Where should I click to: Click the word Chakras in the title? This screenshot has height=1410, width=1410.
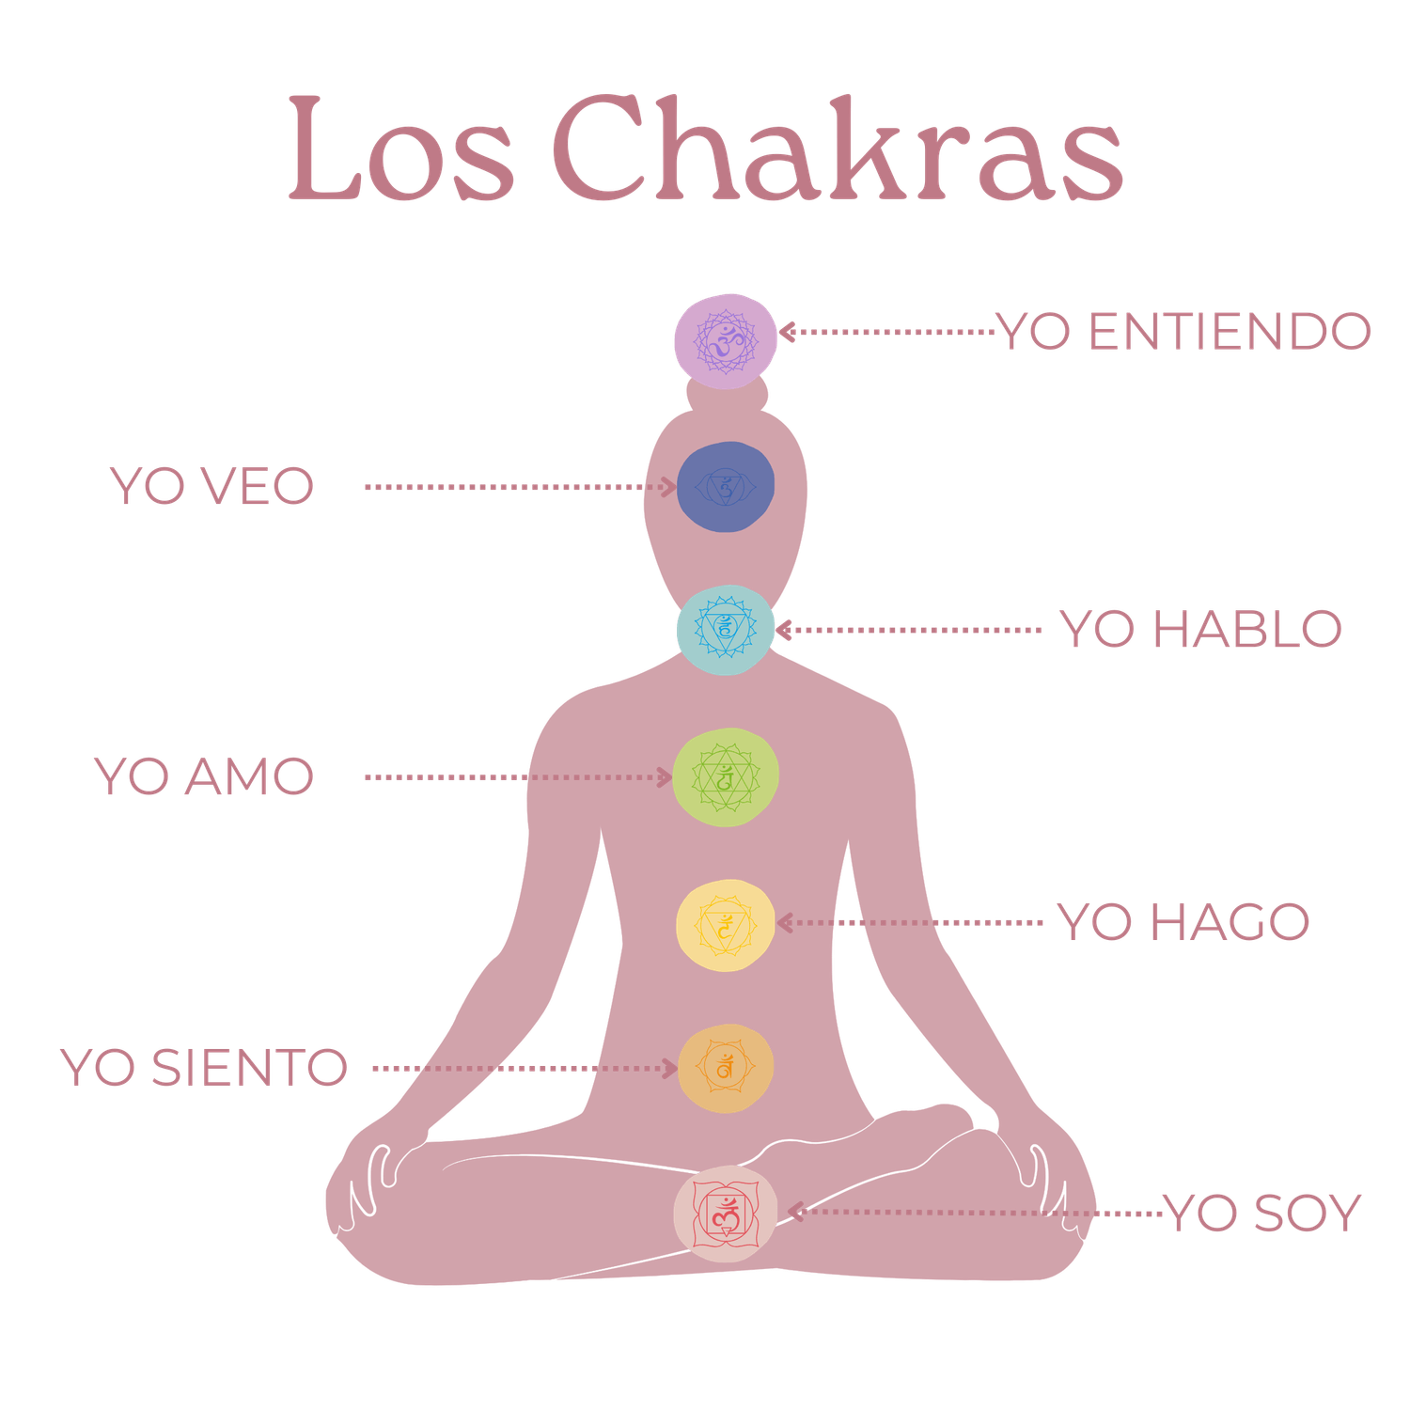pos(837,150)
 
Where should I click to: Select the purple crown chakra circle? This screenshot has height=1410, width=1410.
pos(726,339)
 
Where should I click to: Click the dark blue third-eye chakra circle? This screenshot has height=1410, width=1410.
pos(725,486)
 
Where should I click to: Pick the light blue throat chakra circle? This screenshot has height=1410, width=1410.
pos(725,629)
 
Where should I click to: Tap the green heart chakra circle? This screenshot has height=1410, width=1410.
pos(725,776)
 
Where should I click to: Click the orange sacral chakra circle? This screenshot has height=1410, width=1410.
pos(725,1069)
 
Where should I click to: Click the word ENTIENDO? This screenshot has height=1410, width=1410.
pos(1230,331)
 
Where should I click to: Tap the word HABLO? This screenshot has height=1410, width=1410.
pos(1247,629)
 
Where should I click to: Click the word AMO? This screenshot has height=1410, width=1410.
pos(249,776)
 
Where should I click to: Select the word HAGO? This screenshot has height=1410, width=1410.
pos(1230,922)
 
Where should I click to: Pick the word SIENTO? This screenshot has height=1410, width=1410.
pos(249,1068)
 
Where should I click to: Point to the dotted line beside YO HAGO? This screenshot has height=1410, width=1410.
pos(940,923)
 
